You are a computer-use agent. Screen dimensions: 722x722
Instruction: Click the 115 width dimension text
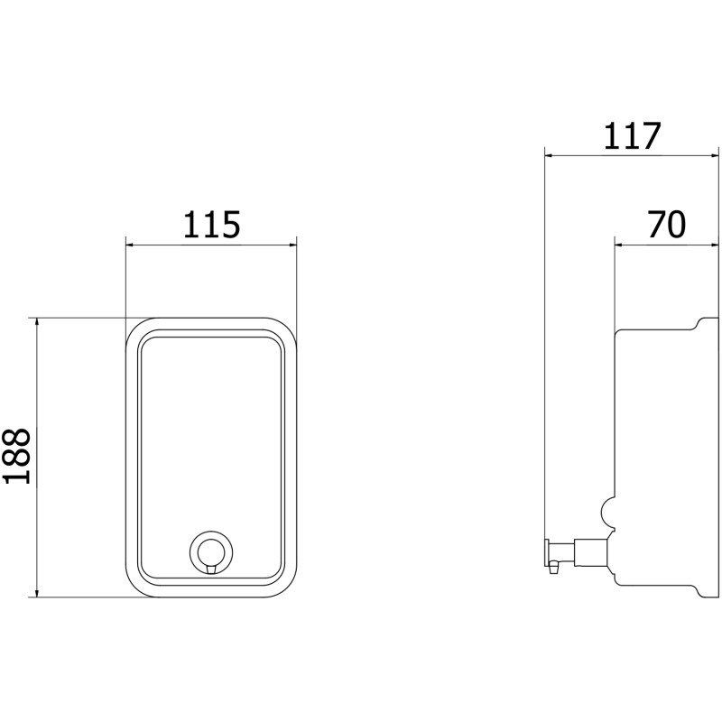(212, 225)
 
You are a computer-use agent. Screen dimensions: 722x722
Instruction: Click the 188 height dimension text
(17, 456)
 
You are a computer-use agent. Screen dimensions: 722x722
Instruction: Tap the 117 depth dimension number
(632, 136)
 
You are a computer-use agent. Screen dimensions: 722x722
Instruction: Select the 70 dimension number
(666, 225)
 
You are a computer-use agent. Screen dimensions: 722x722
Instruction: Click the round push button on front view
(211, 552)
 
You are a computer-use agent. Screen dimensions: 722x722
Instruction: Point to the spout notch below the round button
(211, 569)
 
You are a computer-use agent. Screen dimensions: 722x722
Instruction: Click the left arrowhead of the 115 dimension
(130, 245)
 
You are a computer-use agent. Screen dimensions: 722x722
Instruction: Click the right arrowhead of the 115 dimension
(292, 245)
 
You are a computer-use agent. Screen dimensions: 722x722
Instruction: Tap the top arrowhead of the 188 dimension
(37, 322)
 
